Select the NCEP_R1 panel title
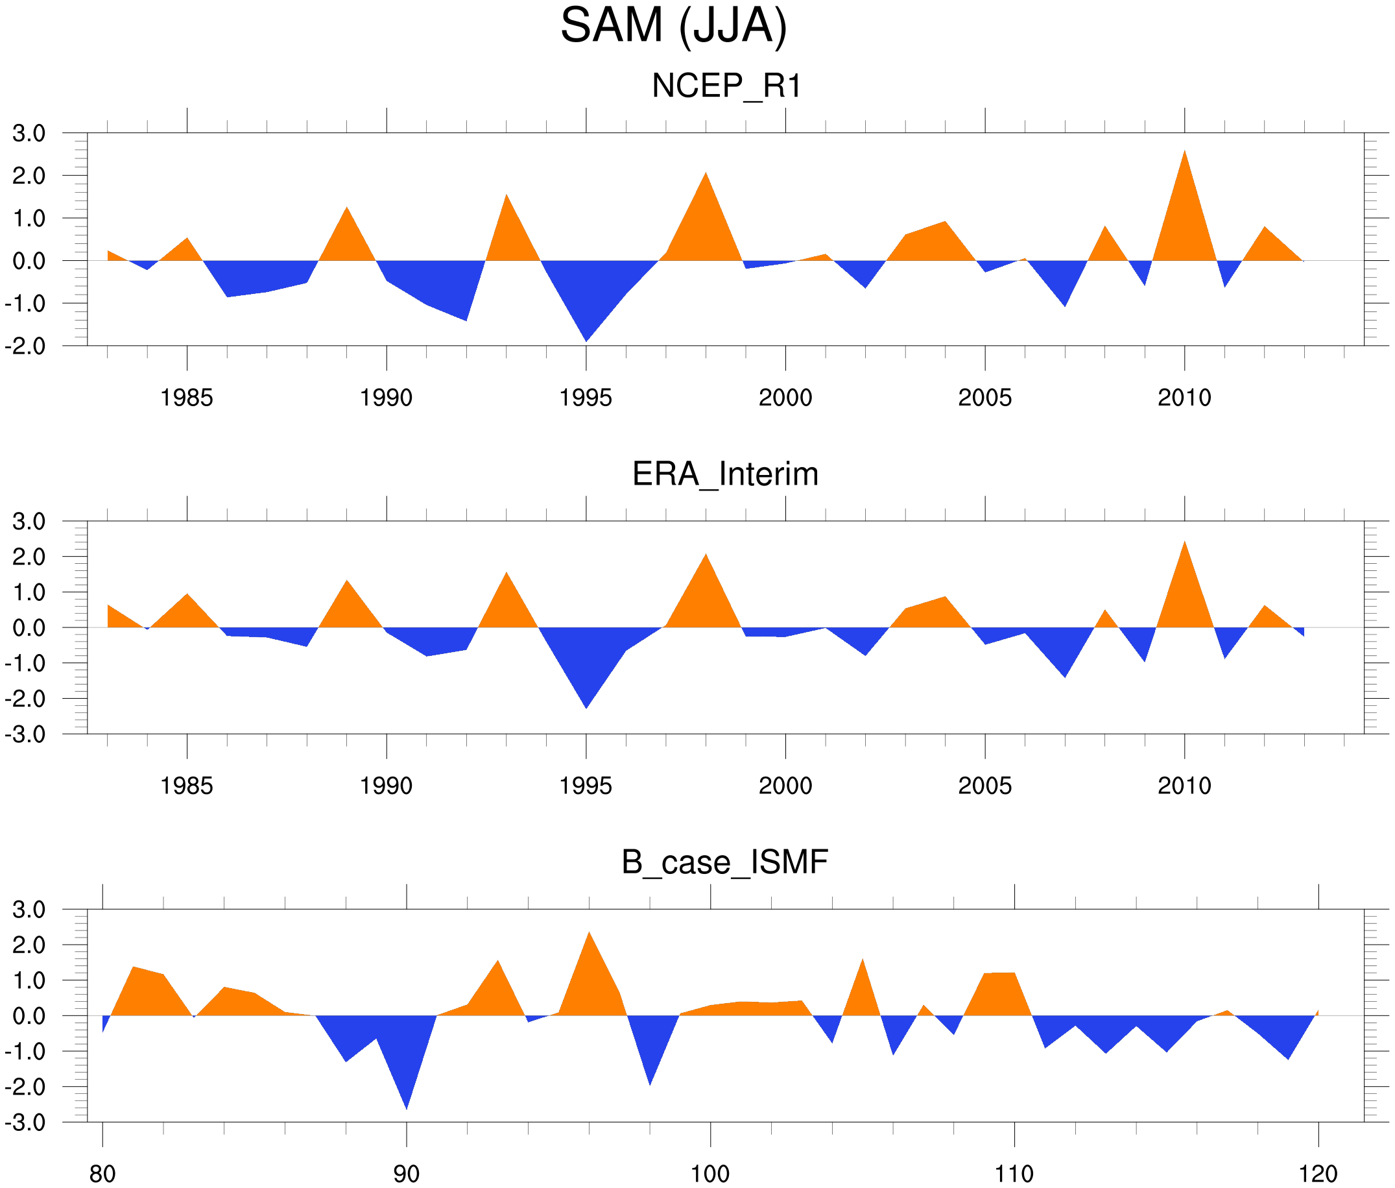(726, 86)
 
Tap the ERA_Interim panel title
(725, 474)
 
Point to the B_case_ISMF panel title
(724, 862)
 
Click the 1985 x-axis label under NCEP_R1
(187, 398)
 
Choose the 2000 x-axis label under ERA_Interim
(785, 786)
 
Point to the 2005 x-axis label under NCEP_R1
(984, 398)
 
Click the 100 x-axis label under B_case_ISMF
(710, 1174)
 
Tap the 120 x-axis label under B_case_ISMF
(1318, 1174)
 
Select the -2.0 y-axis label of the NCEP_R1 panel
(25, 346)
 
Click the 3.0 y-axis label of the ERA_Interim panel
(29, 521)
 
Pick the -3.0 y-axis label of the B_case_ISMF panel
(25, 1122)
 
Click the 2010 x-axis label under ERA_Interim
(1184, 786)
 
